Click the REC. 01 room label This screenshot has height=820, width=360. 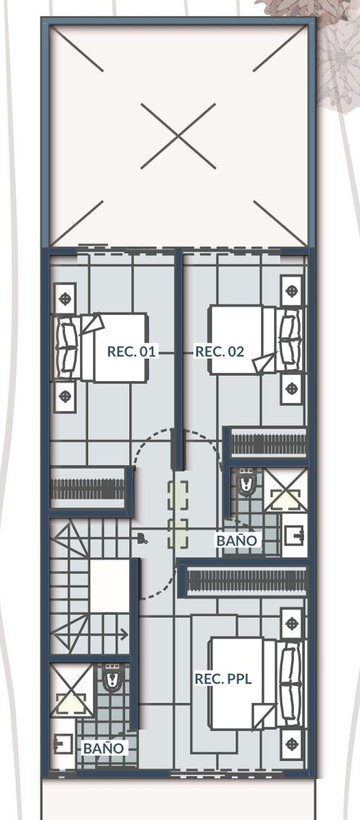pyautogui.click(x=131, y=351)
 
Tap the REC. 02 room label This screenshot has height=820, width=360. pyautogui.click(x=219, y=351)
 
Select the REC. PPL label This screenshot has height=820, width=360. pyautogui.click(x=223, y=679)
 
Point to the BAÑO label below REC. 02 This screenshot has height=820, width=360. pyautogui.click(x=237, y=541)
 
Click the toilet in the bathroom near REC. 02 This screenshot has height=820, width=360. pyautogui.click(x=245, y=483)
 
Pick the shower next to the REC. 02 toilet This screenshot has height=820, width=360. pyautogui.click(x=286, y=490)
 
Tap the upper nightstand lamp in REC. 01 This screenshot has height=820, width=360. pyautogui.click(x=66, y=298)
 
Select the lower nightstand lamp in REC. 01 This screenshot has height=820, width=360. pyautogui.click(x=66, y=396)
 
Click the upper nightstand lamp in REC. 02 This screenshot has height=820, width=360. pyautogui.click(x=291, y=291)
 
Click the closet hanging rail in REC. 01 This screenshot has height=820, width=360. pyautogui.click(x=88, y=489)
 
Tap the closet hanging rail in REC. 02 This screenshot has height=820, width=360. pyautogui.click(x=268, y=444)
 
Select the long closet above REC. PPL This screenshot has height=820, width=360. pyautogui.click(x=246, y=582)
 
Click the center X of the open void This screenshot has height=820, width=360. pyautogui.click(x=178, y=136)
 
